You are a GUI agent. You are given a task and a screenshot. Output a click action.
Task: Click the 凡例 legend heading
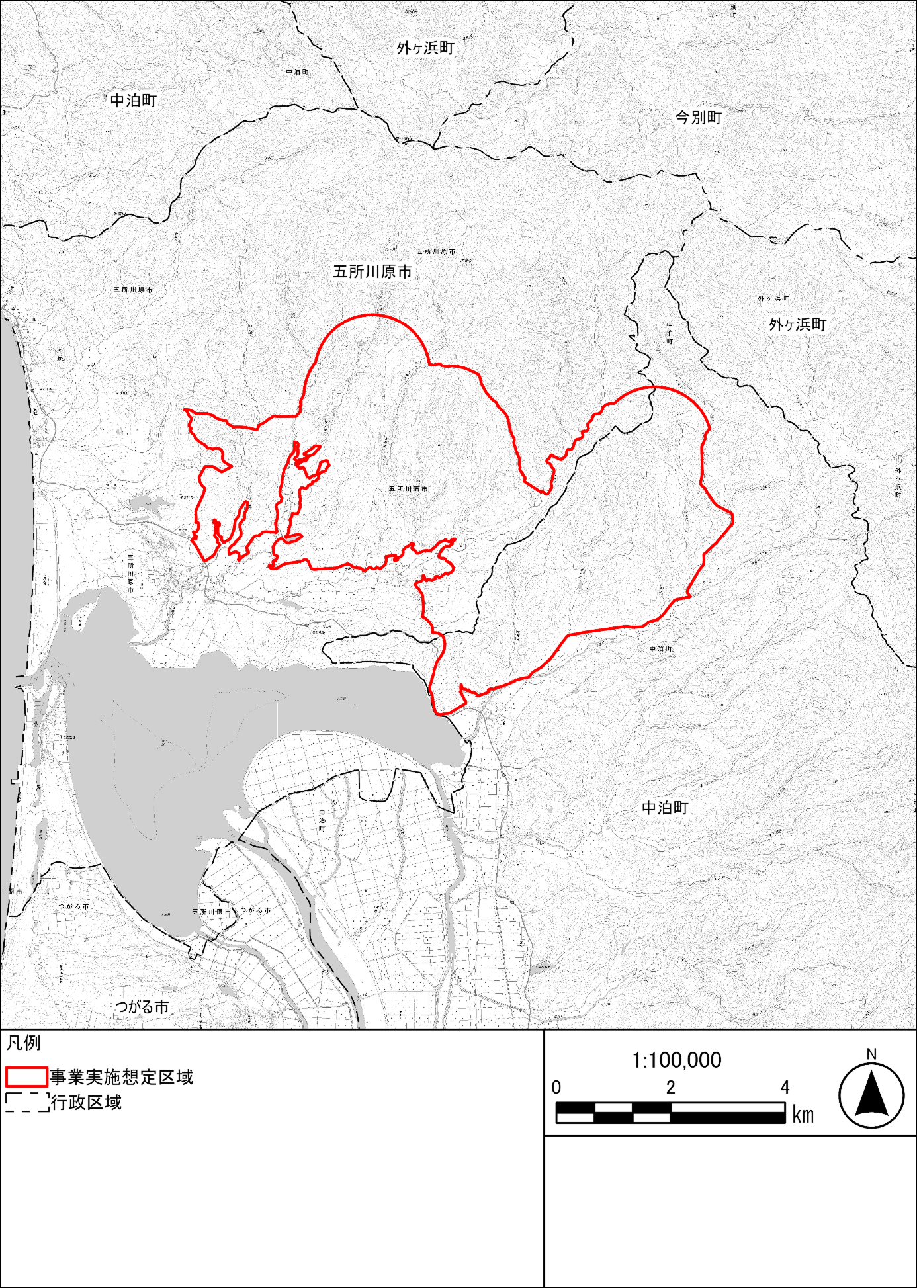pyautogui.click(x=24, y=1043)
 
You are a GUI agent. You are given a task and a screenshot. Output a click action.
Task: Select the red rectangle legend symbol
pyautogui.click(x=26, y=1077)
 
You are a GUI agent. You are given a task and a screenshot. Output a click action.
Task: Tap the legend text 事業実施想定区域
pyautogui.click(x=121, y=1077)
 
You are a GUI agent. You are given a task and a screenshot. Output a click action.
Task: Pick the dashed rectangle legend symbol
pyautogui.click(x=26, y=1102)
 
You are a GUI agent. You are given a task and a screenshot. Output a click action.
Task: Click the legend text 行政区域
pyautogui.click(x=86, y=1102)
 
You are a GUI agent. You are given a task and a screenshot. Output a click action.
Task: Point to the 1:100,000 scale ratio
pyautogui.click(x=677, y=1060)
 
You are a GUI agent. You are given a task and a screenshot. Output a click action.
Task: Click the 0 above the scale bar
pyautogui.click(x=556, y=1088)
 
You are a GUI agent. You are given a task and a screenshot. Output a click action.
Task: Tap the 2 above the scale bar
pyautogui.click(x=670, y=1088)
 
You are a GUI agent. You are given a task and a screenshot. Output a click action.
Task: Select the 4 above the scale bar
pyautogui.click(x=785, y=1088)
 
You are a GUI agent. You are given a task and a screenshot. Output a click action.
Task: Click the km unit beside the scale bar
pyautogui.click(x=803, y=1115)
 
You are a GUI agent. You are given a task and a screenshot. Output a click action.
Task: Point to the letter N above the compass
pyautogui.click(x=871, y=1054)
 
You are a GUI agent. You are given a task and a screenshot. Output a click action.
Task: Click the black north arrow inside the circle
pyautogui.click(x=871, y=1094)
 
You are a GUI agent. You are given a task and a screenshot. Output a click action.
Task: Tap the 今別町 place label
pyautogui.click(x=698, y=118)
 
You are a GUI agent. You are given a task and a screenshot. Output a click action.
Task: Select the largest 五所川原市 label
pyautogui.click(x=372, y=272)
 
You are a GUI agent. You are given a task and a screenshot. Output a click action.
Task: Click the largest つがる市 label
pyautogui.click(x=142, y=1007)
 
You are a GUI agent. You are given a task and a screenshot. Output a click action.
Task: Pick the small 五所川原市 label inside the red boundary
pyautogui.click(x=408, y=489)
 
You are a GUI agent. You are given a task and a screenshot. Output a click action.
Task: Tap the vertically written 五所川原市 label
pyautogui.click(x=130, y=573)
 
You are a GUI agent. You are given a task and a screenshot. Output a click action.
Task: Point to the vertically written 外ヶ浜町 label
pyautogui.click(x=898, y=482)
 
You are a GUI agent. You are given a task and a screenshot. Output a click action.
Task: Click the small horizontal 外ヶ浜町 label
pyautogui.click(x=773, y=299)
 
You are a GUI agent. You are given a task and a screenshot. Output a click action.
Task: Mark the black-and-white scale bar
pyautogui.click(x=670, y=1113)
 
